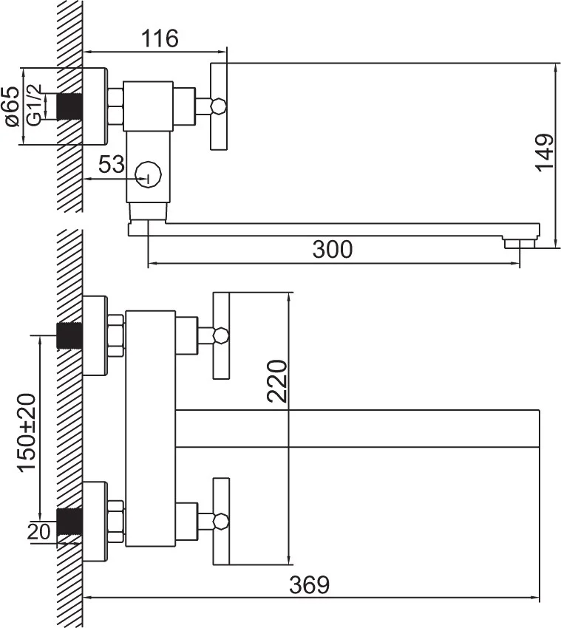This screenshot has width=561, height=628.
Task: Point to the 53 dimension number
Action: coord(112,165)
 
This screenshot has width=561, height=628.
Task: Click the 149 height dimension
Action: coord(544,153)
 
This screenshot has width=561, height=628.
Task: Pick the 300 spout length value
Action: coord(332,250)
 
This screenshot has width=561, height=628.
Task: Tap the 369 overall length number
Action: coord(309,585)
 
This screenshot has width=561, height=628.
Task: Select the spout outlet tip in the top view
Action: coord(520,242)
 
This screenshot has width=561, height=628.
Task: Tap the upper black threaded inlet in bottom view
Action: coord(69,335)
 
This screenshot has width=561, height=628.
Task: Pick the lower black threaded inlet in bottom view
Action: coord(69,522)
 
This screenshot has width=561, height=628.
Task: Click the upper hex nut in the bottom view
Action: coord(116,335)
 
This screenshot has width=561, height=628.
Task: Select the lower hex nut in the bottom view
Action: coord(116,521)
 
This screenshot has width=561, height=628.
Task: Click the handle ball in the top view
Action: coord(218,107)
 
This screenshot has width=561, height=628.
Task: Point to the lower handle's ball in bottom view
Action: coord(218,521)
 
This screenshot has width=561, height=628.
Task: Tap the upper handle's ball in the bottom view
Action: coord(218,335)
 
